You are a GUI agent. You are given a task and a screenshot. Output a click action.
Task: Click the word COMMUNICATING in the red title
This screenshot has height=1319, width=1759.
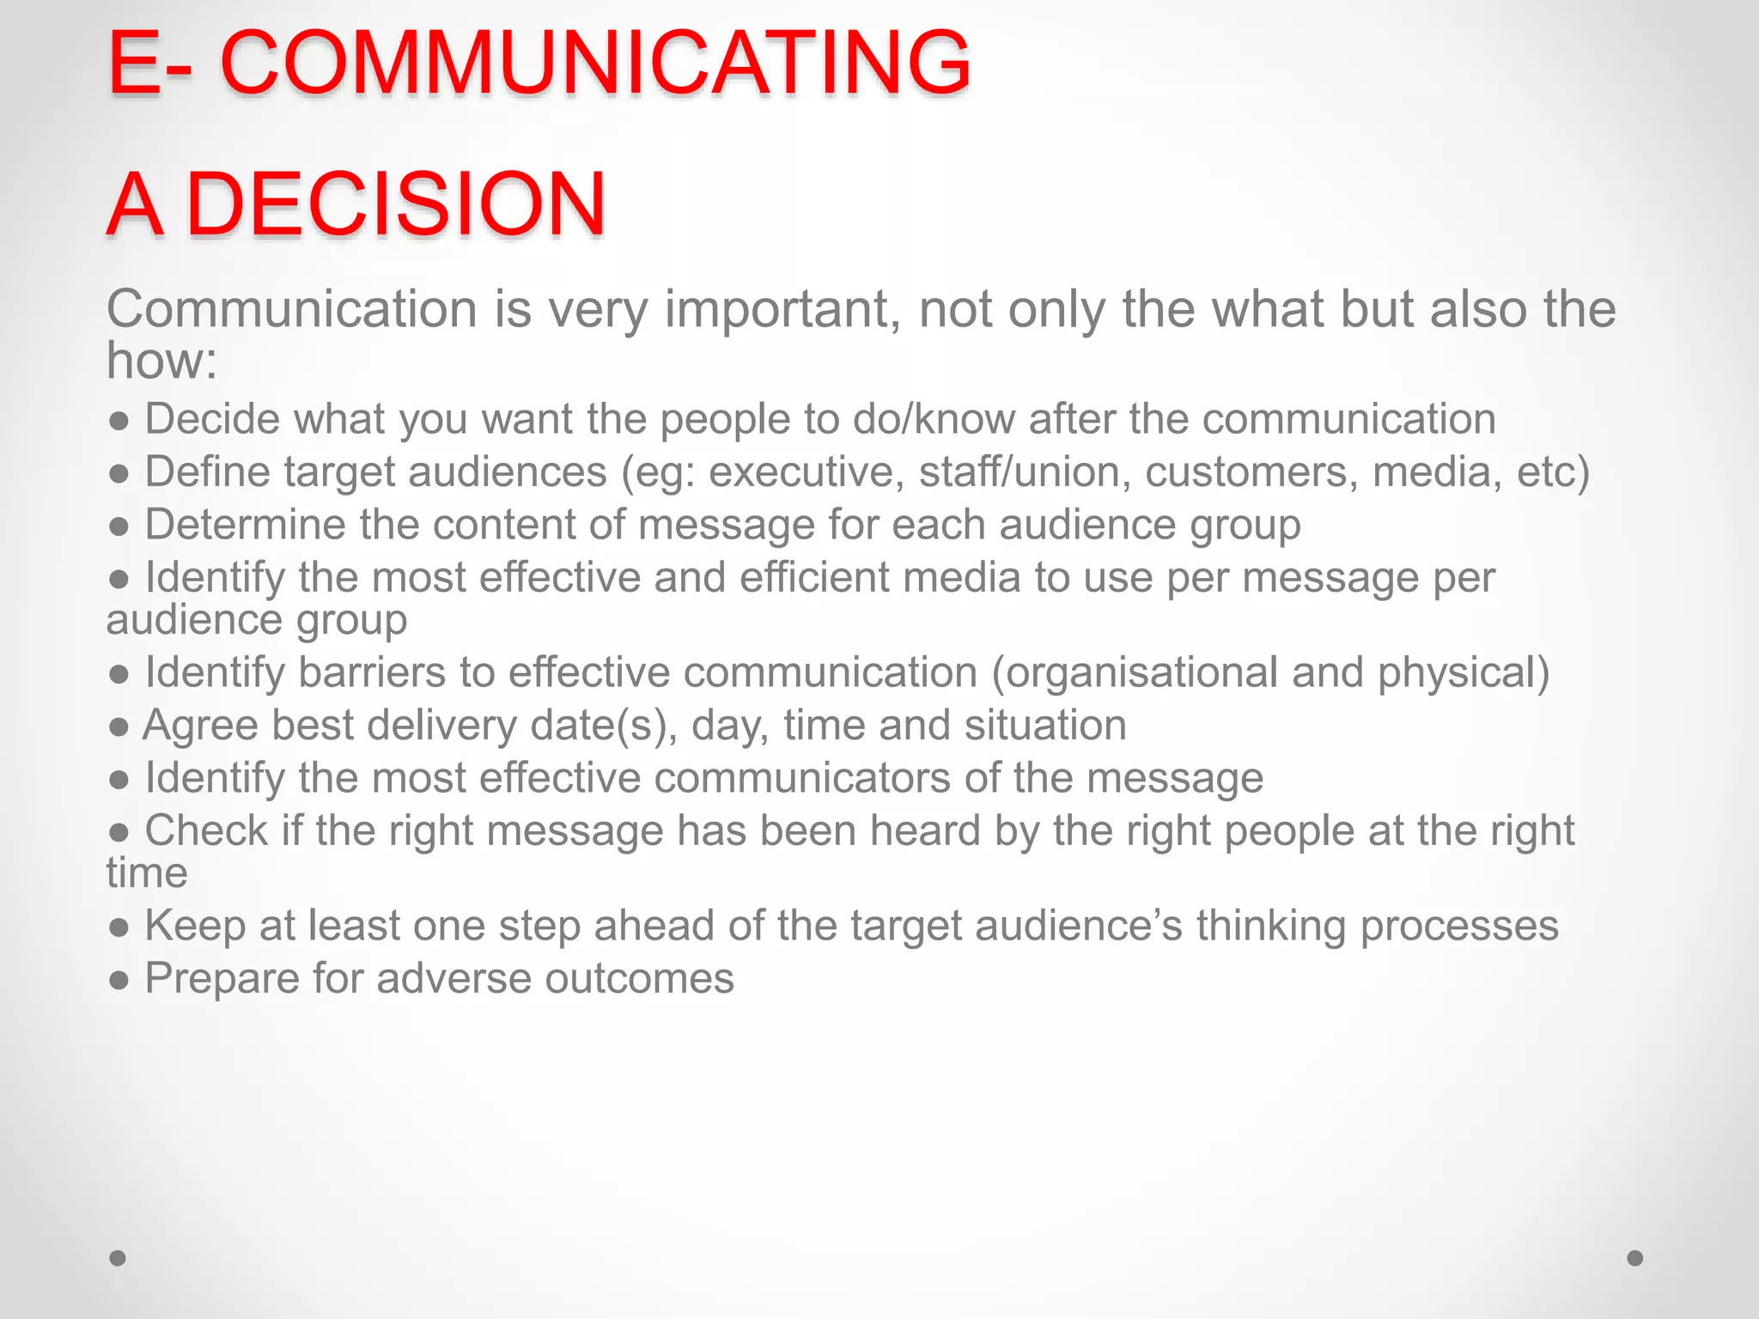595,63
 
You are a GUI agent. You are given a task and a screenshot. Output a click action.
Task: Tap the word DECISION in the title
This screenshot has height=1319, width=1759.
396,204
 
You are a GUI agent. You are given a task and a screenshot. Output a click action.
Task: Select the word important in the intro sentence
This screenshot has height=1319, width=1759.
782,309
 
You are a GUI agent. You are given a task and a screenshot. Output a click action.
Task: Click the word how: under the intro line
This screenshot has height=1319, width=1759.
161,360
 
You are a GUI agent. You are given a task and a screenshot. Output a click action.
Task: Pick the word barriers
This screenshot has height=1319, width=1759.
372,672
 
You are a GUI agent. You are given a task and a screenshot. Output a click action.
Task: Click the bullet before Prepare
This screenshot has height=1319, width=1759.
119,980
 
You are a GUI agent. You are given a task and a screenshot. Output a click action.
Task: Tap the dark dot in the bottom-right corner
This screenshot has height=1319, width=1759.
1635,1258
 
